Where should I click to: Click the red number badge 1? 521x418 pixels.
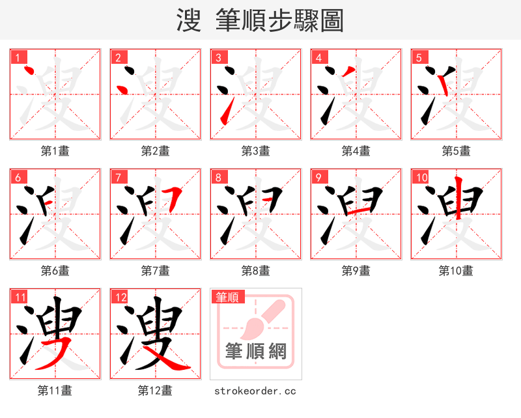18,57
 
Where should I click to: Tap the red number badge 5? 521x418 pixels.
419,57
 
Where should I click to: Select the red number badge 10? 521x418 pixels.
421,177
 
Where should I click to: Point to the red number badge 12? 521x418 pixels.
120,298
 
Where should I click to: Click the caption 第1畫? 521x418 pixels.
55,151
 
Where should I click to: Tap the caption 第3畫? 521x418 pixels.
255,151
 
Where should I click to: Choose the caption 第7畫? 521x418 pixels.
155,270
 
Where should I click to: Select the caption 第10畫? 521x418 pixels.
456,270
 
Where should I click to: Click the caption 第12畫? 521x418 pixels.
155,391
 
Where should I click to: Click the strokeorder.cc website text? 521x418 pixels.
255,391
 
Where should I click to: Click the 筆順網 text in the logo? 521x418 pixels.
255,352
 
